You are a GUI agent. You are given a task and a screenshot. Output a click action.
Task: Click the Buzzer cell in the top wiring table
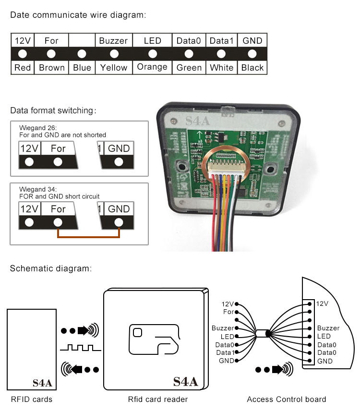[114, 41]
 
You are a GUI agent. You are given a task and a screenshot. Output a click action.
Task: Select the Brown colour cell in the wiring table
[51, 68]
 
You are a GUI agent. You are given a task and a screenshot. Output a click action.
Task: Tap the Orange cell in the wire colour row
[152, 67]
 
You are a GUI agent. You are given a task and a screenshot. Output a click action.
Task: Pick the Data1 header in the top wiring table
[221, 41]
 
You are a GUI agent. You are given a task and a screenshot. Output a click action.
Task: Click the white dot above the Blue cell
[82, 54]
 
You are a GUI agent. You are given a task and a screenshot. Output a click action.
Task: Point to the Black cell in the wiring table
[252, 68]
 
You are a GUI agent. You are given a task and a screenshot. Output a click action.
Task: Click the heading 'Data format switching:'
[53, 111]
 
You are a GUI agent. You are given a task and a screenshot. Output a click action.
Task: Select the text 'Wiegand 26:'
[38, 129]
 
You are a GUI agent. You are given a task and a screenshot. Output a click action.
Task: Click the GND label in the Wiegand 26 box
[119, 148]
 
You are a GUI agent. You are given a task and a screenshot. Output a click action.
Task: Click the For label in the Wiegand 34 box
[58, 209]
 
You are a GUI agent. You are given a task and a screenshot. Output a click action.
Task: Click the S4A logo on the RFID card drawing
[42, 383]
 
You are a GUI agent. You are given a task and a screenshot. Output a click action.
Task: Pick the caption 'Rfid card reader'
[158, 399]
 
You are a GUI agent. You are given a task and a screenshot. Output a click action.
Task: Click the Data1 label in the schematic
[225, 353]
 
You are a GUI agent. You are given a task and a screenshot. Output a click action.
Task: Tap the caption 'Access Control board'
[287, 399]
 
